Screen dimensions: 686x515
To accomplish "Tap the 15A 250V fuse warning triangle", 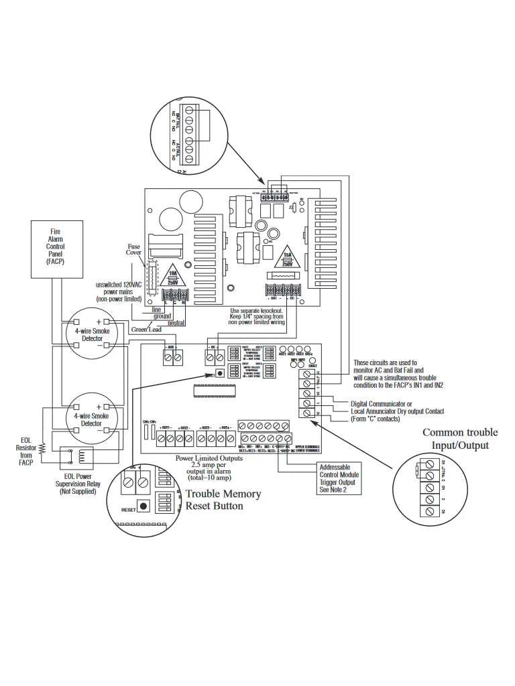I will click(286, 258).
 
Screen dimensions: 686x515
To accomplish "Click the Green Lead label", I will click(147, 330).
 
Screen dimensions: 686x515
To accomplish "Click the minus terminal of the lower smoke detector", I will click(99, 422).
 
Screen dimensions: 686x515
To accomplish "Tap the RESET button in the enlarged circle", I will click(143, 506).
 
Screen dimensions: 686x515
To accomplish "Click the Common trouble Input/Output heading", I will click(460, 439).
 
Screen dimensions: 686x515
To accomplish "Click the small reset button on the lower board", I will click(219, 374).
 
